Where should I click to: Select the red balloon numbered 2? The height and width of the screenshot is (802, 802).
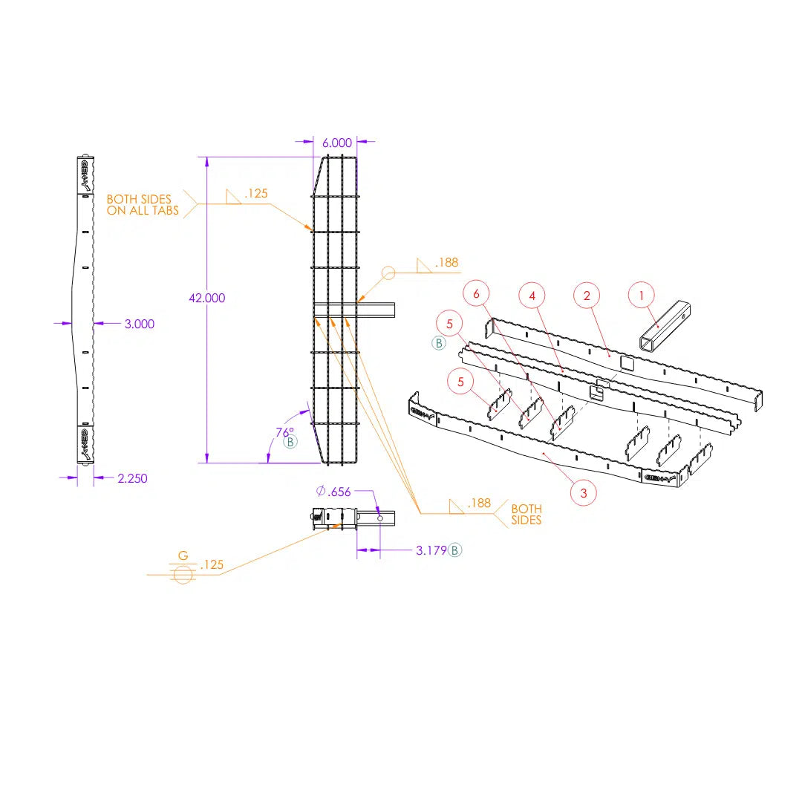(x=587, y=295)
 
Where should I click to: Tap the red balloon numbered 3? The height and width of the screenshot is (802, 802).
(x=584, y=492)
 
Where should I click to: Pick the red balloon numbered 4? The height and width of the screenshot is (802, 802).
(x=532, y=295)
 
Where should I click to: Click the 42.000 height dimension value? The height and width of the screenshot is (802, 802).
(x=207, y=298)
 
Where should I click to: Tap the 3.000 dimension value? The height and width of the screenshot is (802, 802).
(x=139, y=324)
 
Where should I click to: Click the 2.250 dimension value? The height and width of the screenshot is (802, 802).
(x=132, y=478)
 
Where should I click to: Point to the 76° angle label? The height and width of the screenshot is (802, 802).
(x=284, y=431)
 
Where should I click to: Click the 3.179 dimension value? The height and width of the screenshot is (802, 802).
(x=431, y=550)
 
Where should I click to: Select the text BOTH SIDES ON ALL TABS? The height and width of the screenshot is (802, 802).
(x=143, y=205)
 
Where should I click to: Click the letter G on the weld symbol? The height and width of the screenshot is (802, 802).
(x=183, y=556)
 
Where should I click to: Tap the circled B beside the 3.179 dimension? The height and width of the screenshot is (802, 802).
(x=455, y=550)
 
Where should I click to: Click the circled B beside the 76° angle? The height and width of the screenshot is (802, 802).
(x=290, y=443)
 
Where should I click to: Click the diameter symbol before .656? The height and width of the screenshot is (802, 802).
(x=321, y=492)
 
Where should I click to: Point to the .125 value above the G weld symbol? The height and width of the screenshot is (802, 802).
(x=212, y=565)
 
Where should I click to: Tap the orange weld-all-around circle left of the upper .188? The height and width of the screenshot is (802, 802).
(x=388, y=273)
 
